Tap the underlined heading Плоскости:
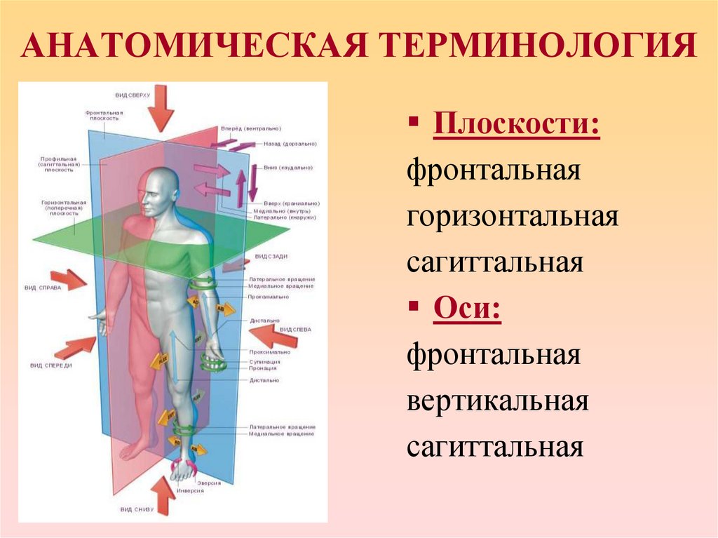point(516,126)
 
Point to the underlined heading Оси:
point(467,309)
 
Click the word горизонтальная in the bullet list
point(512,217)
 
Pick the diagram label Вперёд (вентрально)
point(251,129)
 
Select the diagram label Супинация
point(264,362)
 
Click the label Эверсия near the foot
point(209,483)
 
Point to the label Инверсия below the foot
point(210,491)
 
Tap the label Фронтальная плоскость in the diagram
point(104,115)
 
